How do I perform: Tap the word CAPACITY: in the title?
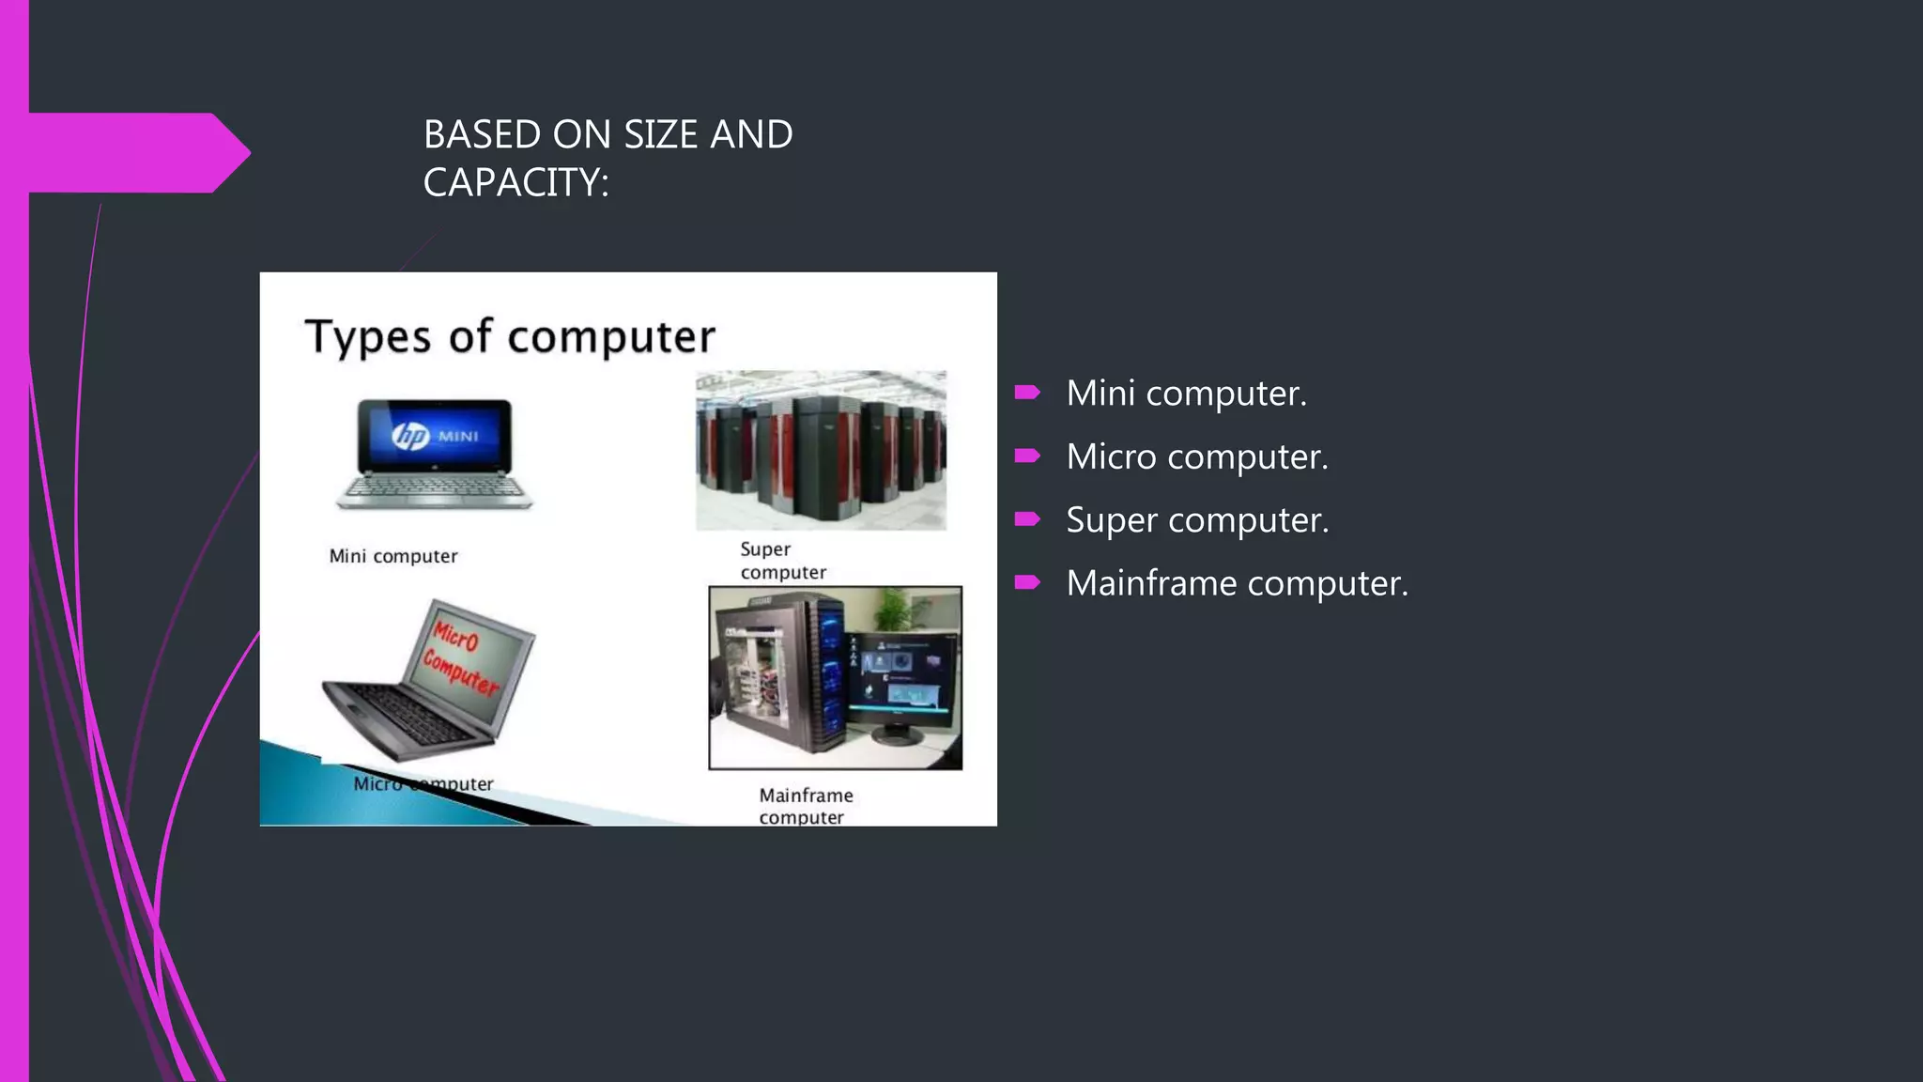point(515,182)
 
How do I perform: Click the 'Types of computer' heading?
point(510,336)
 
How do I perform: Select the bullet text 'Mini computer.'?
point(1186,393)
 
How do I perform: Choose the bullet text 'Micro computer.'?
point(1197,456)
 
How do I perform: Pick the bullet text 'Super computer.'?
point(1197,519)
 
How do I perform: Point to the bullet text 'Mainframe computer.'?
point(1237,583)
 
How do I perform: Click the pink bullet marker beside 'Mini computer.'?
point(1027,393)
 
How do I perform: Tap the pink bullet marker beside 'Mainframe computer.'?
point(1027,583)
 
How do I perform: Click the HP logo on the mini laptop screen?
point(411,436)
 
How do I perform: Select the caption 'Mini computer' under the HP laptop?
point(393,556)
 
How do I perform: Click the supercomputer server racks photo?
point(821,450)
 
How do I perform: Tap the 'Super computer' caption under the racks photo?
point(782,561)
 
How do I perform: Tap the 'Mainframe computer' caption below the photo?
point(805,806)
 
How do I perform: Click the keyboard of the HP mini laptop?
point(435,487)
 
